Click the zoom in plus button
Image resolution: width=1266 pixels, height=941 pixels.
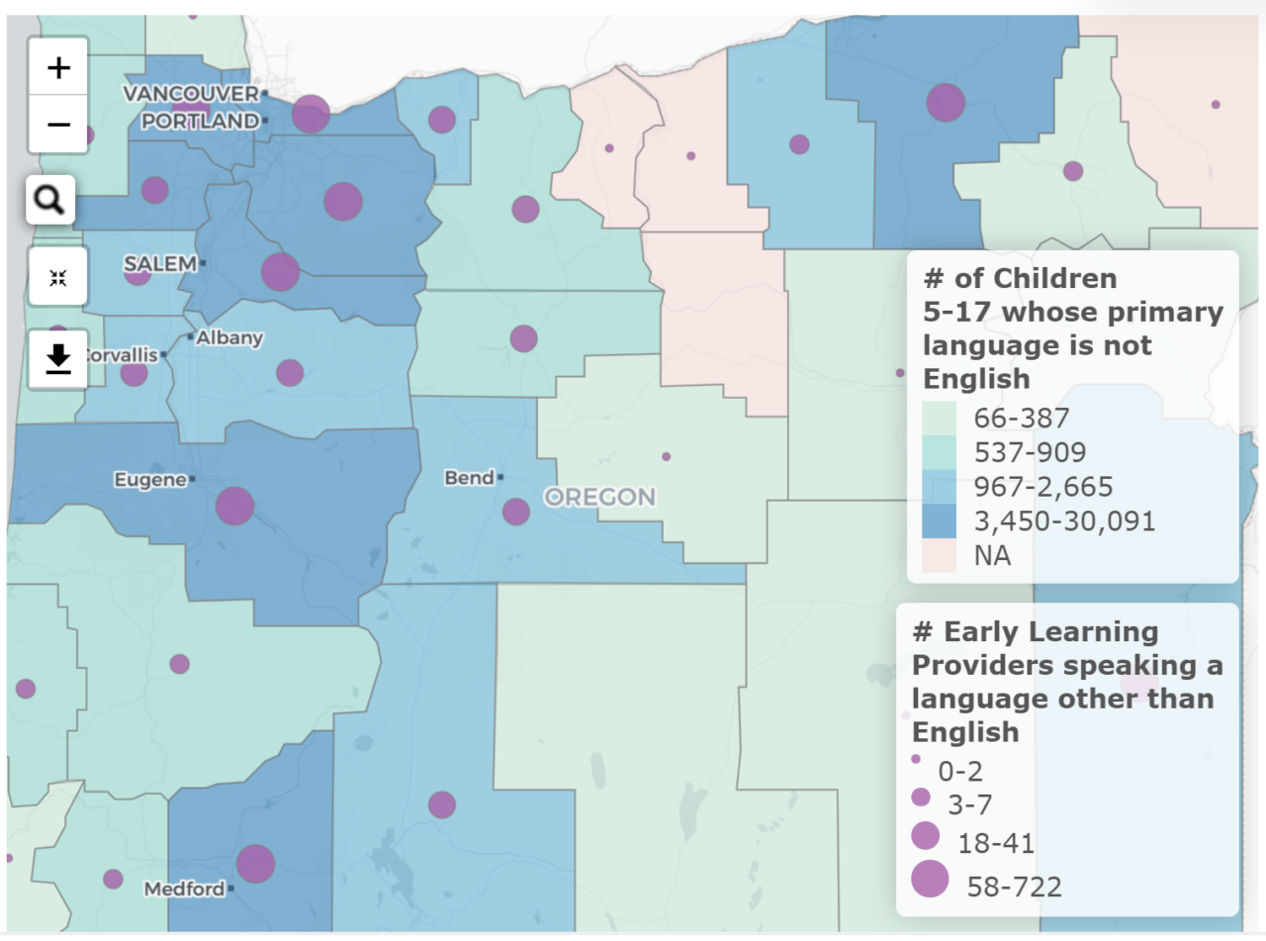tap(58, 67)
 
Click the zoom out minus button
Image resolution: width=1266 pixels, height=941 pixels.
tap(58, 125)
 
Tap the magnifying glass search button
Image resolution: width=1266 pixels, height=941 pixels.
tap(49, 201)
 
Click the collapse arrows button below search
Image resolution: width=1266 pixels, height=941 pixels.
tap(58, 278)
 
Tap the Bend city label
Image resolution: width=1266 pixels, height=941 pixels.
tap(469, 478)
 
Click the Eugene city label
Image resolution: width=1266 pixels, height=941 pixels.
tap(149, 480)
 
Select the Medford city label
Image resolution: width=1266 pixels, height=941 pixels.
tap(184, 889)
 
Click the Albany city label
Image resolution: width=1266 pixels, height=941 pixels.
tap(229, 337)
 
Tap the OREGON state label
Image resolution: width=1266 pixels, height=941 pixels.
tap(600, 497)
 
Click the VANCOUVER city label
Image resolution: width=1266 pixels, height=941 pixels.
tap(190, 93)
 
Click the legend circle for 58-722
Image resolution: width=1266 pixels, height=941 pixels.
tap(929, 879)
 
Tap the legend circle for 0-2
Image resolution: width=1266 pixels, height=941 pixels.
tap(916, 759)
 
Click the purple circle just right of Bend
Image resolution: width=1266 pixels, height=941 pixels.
tap(515, 512)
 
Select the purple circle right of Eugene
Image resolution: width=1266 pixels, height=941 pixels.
tap(234, 506)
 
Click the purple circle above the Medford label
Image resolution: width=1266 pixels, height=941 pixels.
tap(255, 863)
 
